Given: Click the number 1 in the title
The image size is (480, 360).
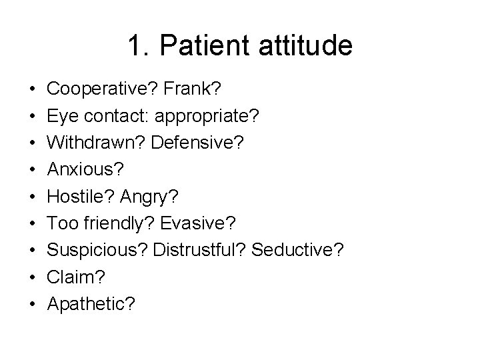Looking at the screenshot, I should point(135,46).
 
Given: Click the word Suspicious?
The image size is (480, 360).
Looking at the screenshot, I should point(97,250).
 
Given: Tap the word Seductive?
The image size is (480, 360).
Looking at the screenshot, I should point(300,250).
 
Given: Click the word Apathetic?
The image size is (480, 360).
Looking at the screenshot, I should point(91,304).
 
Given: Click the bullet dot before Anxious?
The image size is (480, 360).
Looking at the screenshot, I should point(32,169).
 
